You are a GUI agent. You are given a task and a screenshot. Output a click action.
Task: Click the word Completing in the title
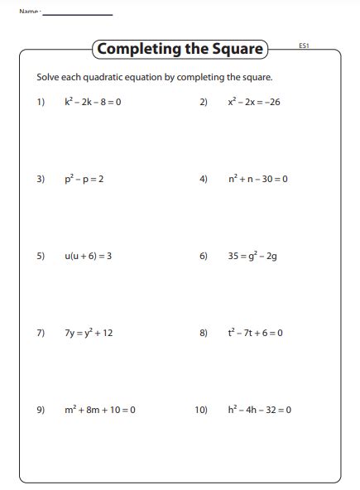(131, 49)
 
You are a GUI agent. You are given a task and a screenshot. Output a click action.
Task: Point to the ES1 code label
(304, 46)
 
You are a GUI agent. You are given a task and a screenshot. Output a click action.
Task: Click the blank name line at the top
(78, 14)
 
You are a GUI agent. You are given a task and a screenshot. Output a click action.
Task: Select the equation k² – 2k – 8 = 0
(93, 103)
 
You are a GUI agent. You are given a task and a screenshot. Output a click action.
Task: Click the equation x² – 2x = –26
(254, 103)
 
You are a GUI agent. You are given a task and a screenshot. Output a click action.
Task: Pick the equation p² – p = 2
(84, 179)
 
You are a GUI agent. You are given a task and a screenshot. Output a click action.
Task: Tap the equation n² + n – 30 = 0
(258, 179)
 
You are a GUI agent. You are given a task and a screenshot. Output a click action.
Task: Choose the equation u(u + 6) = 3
(88, 257)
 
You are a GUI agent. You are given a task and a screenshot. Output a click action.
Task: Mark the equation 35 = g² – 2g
(252, 257)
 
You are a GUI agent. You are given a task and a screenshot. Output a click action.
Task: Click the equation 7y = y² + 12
(89, 333)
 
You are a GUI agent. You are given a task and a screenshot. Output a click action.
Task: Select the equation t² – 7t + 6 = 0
(256, 333)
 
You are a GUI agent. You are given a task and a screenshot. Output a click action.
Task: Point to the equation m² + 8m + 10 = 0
(99, 410)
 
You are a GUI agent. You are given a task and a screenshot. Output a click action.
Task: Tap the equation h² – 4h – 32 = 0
(260, 410)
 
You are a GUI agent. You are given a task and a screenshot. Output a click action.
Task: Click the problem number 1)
(41, 103)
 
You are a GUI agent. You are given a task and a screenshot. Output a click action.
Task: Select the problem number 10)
(201, 410)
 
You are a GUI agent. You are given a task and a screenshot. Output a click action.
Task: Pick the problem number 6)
(204, 257)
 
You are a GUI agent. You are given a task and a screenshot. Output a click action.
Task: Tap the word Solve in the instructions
(48, 78)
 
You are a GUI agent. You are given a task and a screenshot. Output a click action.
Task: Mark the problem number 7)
(41, 333)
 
